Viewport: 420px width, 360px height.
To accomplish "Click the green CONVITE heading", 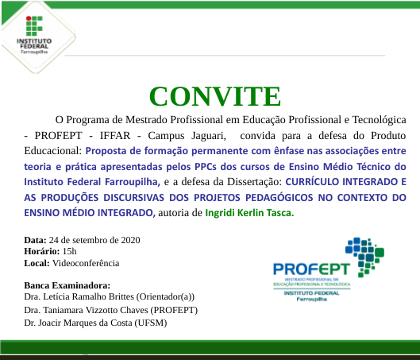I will coord(214,95).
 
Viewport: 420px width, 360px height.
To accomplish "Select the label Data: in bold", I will coord(35,239).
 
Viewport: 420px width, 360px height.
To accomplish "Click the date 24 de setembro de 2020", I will coord(94,239).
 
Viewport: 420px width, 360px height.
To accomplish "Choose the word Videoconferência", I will coord(86,261).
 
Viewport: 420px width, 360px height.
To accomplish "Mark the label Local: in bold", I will coord(37,261).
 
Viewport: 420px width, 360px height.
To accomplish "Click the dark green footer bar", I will coord(210,348).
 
